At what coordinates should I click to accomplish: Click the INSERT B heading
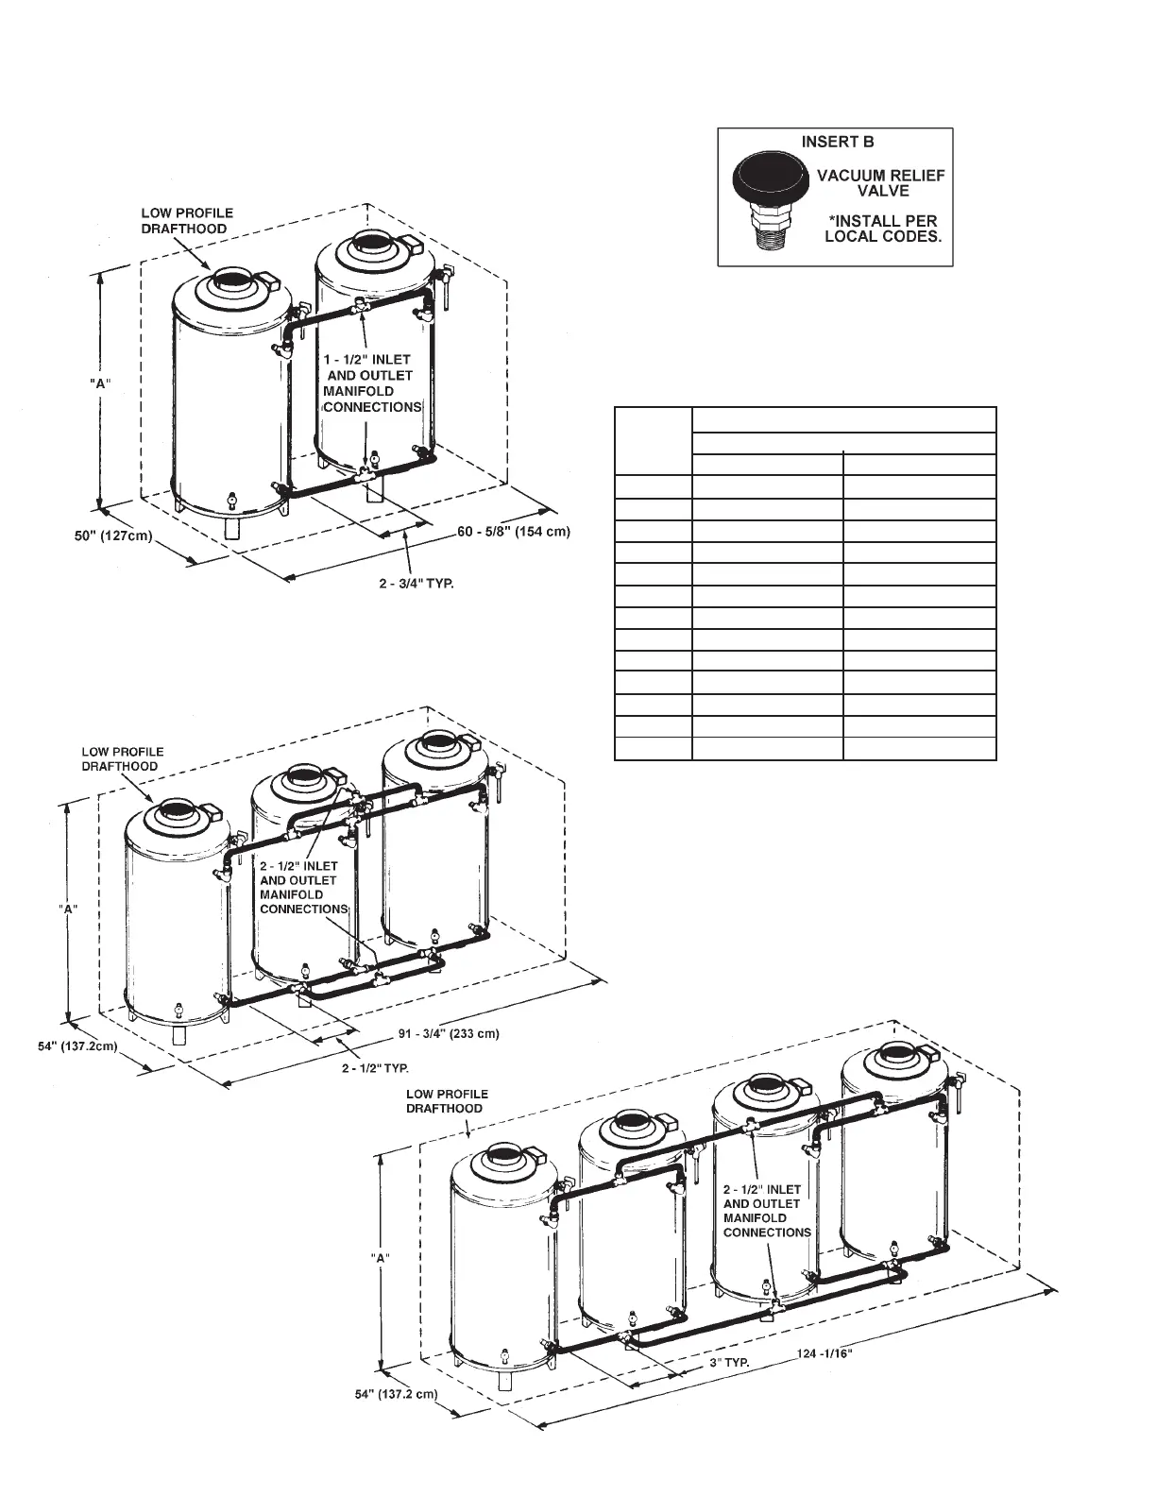tap(838, 143)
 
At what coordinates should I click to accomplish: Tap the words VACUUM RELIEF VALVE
tap(880, 183)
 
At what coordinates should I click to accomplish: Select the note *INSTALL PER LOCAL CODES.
tap(883, 229)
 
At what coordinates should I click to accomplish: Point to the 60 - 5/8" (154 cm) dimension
tap(514, 532)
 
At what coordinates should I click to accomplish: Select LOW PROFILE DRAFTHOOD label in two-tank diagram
tap(186, 221)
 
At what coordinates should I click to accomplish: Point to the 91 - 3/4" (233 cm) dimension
tap(449, 1034)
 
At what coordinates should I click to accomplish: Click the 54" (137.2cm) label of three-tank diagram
tap(71, 1046)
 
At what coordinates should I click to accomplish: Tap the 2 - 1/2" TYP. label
tap(375, 1068)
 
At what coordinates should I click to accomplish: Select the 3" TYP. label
tap(729, 1363)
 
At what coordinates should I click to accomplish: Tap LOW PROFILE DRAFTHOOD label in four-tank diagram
tap(447, 1101)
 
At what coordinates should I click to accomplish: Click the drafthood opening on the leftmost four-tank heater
tap(499, 1155)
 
